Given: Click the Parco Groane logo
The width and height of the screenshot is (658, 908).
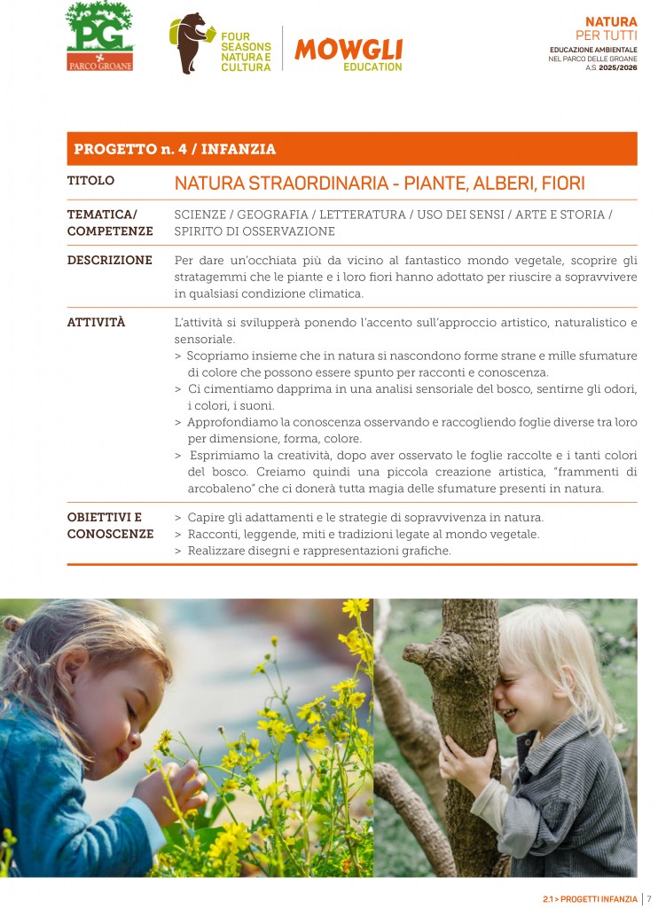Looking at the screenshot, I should (99, 37).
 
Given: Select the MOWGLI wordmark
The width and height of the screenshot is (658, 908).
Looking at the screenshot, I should (348, 49).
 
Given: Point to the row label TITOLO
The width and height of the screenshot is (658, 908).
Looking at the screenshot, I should (90, 181).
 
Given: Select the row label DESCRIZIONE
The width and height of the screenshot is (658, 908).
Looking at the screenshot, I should (109, 261).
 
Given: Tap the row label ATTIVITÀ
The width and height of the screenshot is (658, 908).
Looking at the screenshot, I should (96, 323).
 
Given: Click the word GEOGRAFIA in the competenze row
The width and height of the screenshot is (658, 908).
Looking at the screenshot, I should (273, 215).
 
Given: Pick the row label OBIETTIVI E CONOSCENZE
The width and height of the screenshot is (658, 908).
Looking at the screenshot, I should (110, 526).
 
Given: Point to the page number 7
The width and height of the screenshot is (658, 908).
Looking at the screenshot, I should (649, 898).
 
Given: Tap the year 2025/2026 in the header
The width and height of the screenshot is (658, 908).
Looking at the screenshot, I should (616, 67).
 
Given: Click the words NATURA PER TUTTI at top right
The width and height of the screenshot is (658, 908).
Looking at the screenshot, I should (611, 27).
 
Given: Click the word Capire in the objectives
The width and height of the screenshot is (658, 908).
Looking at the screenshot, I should (206, 517).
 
